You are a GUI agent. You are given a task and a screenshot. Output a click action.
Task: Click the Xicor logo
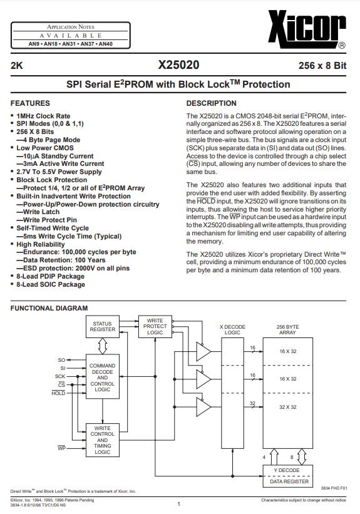click(307, 29)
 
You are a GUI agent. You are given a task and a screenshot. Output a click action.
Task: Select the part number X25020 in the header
click(178, 65)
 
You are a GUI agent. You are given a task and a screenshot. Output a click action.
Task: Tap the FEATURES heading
click(30, 103)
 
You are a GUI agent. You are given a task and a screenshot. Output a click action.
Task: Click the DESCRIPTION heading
click(211, 103)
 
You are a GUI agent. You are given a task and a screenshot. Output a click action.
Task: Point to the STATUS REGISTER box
click(102, 327)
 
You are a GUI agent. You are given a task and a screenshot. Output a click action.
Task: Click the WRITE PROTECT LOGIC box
click(155, 327)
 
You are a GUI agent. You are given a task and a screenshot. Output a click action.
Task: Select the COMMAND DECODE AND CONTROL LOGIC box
click(102, 377)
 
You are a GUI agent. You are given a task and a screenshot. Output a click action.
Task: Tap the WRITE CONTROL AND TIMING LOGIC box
click(102, 440)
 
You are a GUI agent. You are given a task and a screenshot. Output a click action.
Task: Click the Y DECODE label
click(287, 470)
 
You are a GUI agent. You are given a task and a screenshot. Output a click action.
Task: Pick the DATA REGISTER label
click(289, 481)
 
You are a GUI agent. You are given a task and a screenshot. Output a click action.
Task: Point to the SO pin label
click(61, 360)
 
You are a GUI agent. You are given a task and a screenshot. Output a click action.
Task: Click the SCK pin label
click(60, 376)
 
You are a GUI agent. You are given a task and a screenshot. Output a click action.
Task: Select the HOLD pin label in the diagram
click(58, 393)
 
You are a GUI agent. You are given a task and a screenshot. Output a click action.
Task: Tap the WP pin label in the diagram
click(61, 448)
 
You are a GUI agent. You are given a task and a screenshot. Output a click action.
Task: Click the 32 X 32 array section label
click(287, 407)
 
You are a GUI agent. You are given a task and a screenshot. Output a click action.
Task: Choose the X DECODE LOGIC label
click(232, 329)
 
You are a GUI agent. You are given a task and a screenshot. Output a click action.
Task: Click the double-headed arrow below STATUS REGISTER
click(103, 346)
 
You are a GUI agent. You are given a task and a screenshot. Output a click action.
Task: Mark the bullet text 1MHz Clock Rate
click(43, 116)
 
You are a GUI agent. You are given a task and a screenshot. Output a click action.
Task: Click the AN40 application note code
click(106, 44)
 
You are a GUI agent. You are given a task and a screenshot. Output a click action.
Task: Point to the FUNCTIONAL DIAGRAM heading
click(49, 308)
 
